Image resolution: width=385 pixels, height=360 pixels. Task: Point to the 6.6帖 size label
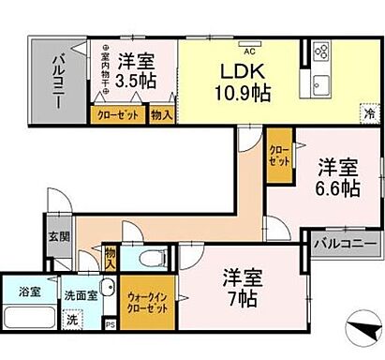pyautogui.click(x=336, y=188)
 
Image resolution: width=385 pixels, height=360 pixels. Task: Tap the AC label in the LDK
pyautogui.click(x=250, y=39)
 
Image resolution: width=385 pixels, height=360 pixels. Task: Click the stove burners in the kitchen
pyautogui.click(x=321, y=51)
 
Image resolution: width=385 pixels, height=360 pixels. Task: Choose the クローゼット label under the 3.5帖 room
pyautogui.click(x=116, y=115)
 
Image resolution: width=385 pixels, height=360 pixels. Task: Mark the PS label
pyautogui.click(x=111, y=325)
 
